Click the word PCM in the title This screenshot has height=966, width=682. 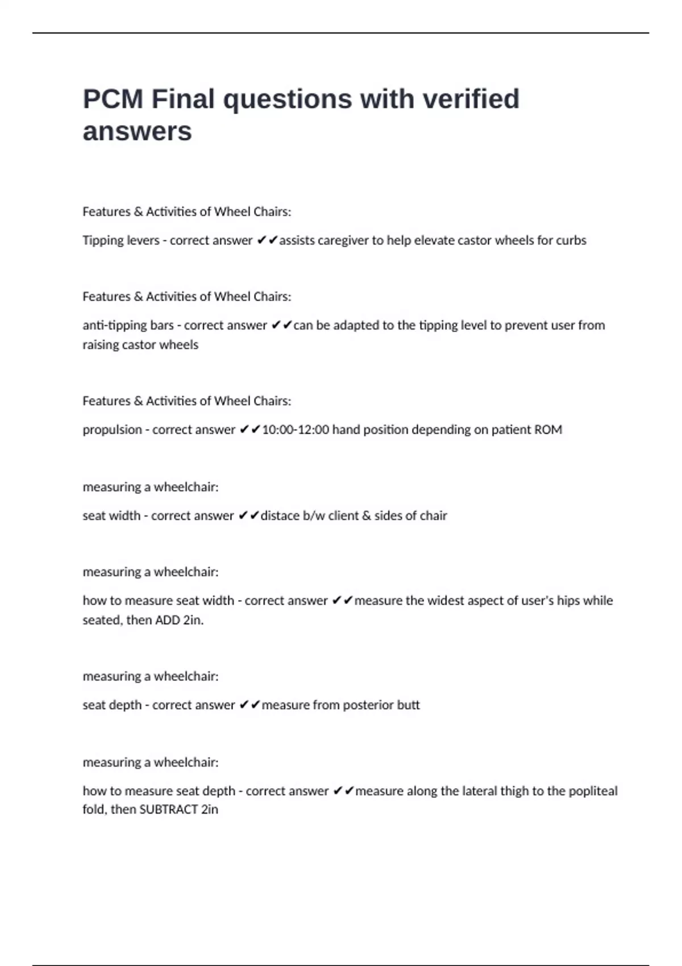113,99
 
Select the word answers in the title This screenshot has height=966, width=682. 137,132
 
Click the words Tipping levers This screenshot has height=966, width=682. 121,240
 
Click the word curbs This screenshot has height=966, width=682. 571,240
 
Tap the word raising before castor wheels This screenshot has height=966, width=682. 101,345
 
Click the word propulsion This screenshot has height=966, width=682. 112,430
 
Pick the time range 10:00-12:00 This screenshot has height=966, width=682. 296,430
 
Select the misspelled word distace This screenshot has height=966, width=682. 280,516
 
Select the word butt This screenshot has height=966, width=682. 408,705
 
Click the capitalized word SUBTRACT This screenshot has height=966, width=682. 168,810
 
